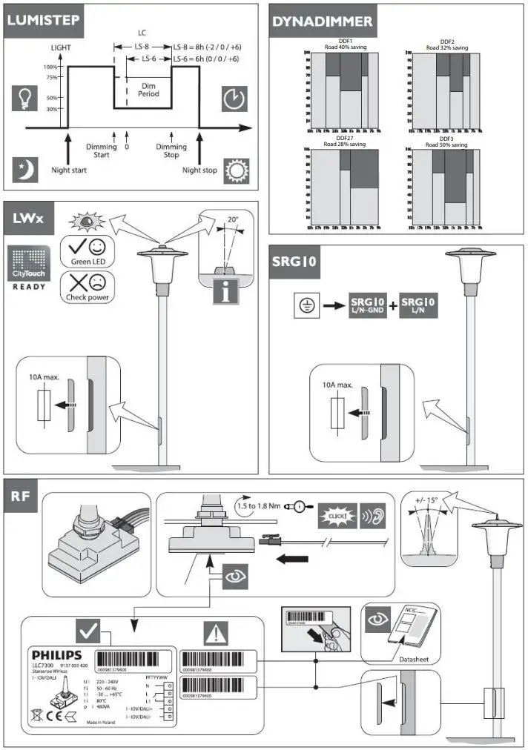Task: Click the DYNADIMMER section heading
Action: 322,21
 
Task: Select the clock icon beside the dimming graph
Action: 233,98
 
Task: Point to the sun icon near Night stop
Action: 237,170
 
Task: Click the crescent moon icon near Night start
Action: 24,170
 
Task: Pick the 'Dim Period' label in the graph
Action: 149,90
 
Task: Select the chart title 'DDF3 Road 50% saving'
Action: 446,142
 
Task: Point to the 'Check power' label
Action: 88,297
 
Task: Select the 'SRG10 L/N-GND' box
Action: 368,305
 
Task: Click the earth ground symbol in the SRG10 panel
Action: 303,305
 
